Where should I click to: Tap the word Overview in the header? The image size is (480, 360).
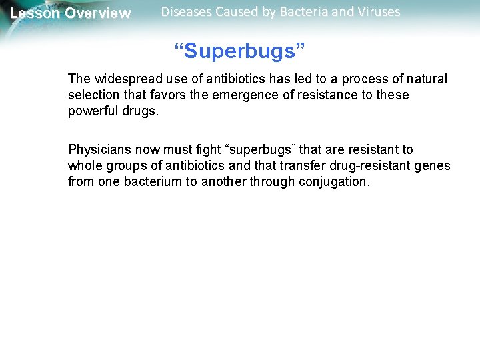click(x=98, y=13)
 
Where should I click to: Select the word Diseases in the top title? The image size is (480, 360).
click(x=188, y=12)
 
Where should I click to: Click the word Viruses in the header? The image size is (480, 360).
click(x=376, y=12)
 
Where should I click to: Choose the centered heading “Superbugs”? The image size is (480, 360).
click(x=239, y=51)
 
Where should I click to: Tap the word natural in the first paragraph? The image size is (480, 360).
click(x=425, y=79)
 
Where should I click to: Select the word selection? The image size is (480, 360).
click(x=93, y=95)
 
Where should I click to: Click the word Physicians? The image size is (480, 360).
click(x=99, y=150)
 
